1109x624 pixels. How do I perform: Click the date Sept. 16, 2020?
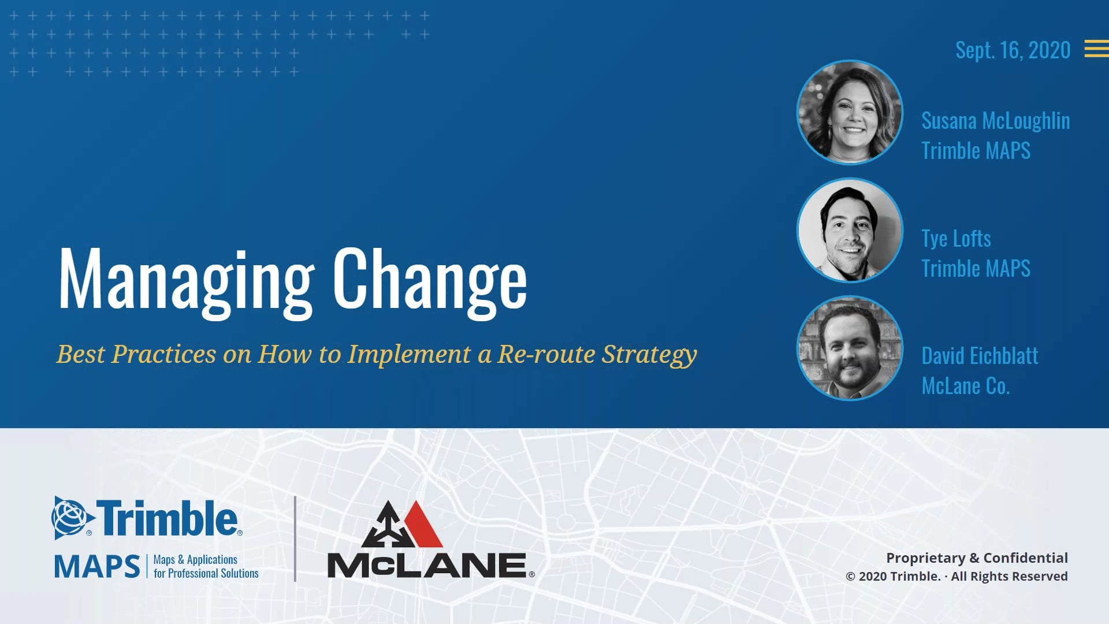pos(1013,50)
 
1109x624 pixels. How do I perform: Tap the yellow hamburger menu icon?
pos(1096,49)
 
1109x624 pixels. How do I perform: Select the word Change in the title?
pos(430,281)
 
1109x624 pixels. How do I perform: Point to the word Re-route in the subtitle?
pos(546,354)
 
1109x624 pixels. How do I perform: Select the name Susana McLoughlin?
pos(995,121)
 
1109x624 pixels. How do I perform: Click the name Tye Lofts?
pos(956,239)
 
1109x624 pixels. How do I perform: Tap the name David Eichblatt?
pos(980,356)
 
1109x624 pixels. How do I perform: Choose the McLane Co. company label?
pos(965,386)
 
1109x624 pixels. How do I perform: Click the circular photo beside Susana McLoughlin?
pos(850,112)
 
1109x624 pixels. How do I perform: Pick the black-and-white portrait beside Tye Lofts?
pos(850,230)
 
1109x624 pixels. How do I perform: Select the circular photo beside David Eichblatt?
pos(850,348)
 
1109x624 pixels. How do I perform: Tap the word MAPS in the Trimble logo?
pos(97,566)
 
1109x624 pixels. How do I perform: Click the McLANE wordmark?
pos(427,565)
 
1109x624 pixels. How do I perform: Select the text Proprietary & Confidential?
pos(977,558)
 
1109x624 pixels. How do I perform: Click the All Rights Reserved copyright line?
pos(957,577)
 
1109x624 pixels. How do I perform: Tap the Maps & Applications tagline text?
pos(195,559)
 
